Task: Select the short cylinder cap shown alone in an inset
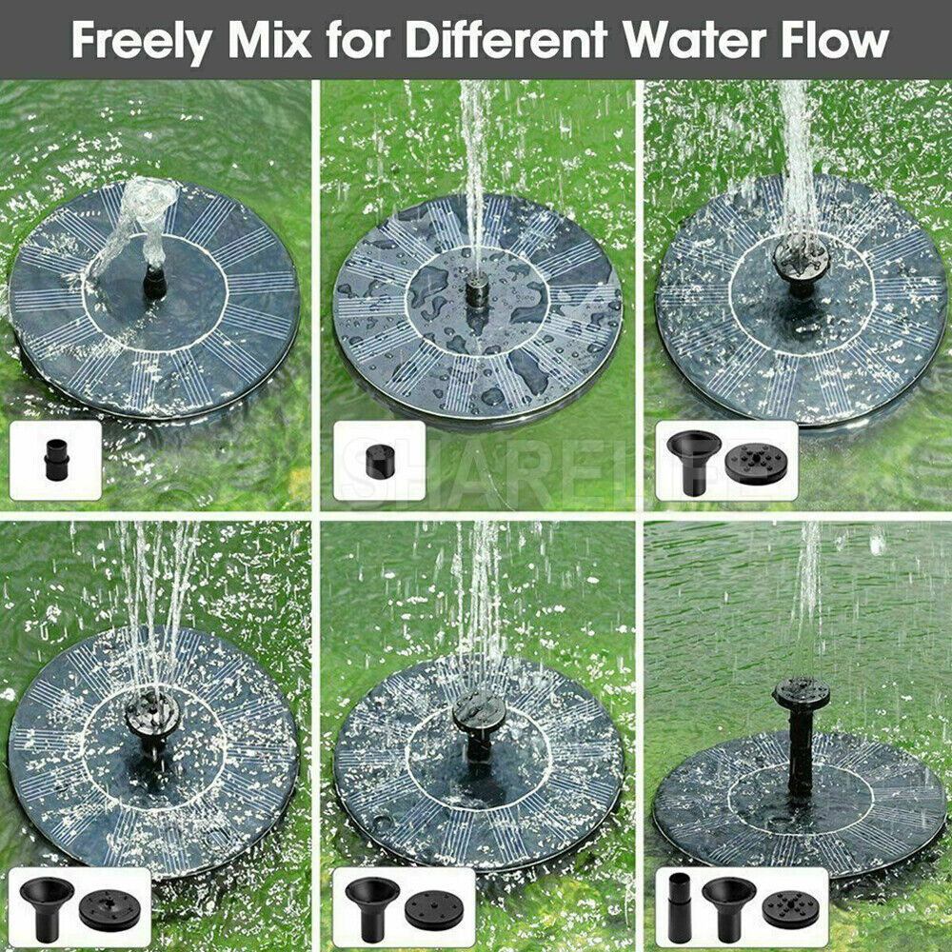point(379,462)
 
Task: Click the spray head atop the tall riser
point(801,693)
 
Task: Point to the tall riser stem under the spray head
point(801,752)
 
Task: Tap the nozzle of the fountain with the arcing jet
point(152,281)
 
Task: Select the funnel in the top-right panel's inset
point(693,457)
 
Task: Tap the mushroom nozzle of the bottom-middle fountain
point(479,712)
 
